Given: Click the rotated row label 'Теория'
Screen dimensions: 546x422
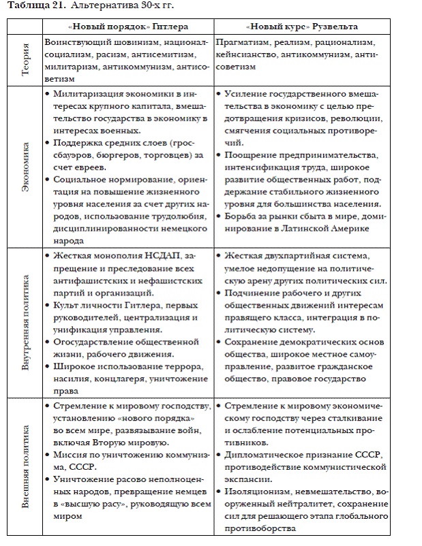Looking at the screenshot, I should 25,60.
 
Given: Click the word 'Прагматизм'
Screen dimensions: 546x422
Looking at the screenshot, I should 241,42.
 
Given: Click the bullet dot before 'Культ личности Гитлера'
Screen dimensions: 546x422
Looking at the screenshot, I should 45,306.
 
